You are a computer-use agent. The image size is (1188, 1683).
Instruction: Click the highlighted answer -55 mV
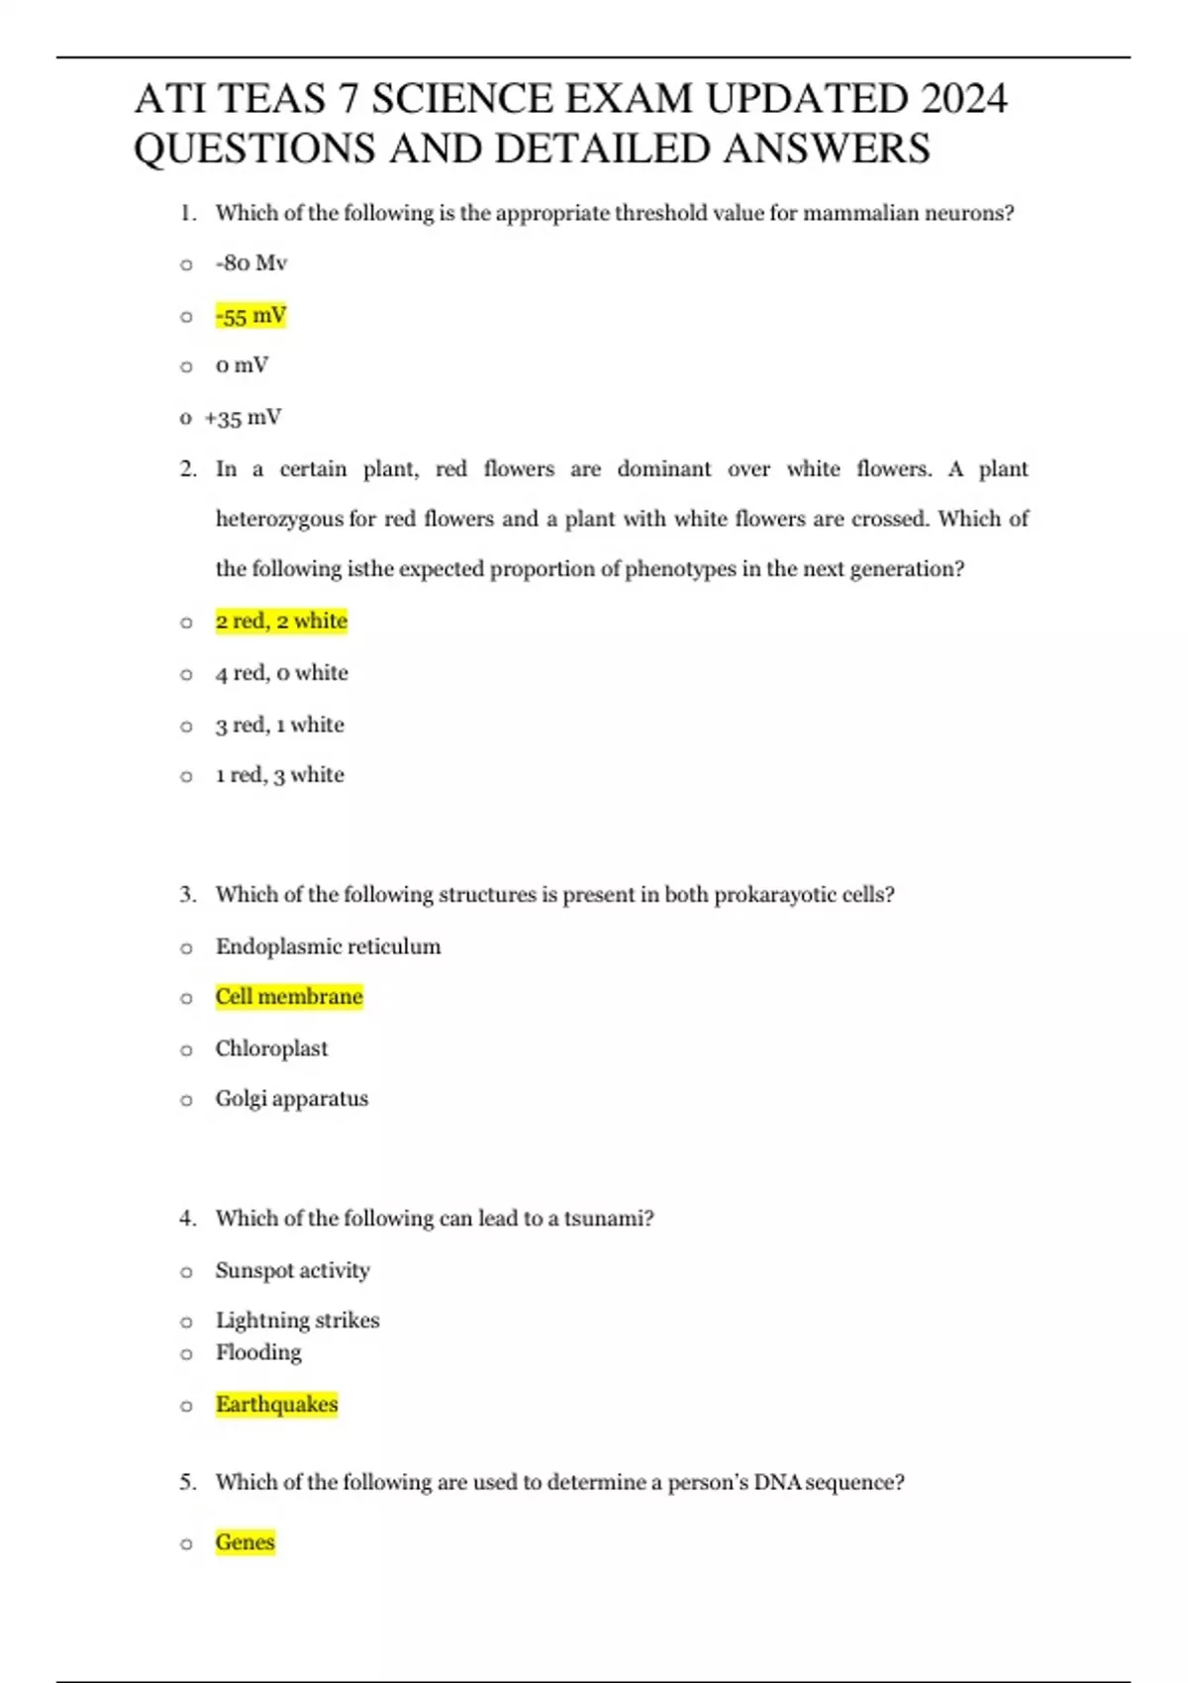coord(250,316)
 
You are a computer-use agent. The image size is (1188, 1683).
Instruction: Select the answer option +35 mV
coord(243,418)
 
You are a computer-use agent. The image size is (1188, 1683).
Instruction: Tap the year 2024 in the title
coord(963,99)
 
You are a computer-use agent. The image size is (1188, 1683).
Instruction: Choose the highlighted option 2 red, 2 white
coord(281,621)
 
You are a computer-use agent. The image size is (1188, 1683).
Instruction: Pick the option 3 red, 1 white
coord(280,725)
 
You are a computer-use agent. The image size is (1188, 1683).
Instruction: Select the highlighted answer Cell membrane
coord(289,996)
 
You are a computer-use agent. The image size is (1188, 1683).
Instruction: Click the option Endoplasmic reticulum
coord(328,946)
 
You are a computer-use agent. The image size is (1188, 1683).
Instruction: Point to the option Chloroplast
coord(271,1048)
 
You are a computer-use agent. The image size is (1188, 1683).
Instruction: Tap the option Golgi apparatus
coord(292,1099)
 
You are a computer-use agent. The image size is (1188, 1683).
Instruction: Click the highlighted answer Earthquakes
coord(276,1404)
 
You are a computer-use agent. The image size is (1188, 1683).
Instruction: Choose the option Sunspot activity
coord(292,1270)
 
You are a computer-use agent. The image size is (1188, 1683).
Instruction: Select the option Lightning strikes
coord(297,1321)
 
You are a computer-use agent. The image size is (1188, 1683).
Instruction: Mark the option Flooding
coord(258,1352)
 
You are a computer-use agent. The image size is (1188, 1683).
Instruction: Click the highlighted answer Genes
coord(245,1542)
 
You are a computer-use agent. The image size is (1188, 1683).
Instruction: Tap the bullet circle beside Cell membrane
coord(186,998)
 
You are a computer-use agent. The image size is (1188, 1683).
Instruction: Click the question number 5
coord(187,1482)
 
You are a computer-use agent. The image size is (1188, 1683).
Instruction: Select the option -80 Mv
coord(250,263)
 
